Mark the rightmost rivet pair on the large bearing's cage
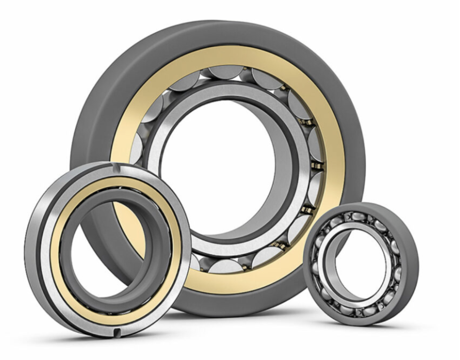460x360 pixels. click(x=317, y=165)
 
